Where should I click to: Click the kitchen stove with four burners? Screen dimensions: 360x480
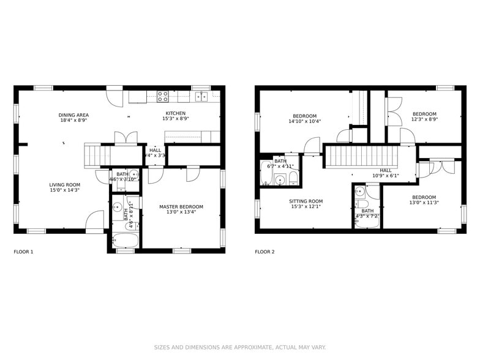(163, 96)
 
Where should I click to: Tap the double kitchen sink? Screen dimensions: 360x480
(201, 96)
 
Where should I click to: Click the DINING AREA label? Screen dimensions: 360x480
(73, 115)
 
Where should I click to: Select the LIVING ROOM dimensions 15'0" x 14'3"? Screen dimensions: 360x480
(65, 190)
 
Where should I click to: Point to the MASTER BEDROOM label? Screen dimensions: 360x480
(181, 207)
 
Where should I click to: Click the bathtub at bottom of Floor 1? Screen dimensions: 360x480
(125, 240)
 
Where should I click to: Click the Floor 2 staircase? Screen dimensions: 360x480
(361, 156)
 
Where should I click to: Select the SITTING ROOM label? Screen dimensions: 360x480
(306, 201)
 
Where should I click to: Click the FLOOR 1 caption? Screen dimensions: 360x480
(24, 252)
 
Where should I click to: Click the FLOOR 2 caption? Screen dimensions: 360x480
(265, 252)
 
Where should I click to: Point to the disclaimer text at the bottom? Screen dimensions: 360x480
(239, 347)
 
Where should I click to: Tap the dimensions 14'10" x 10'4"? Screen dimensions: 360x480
(304, 121)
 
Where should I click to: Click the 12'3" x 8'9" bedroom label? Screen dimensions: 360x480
(424, 114)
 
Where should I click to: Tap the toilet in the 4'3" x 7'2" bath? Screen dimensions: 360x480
(361, 204)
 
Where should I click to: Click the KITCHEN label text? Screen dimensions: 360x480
(175, 113)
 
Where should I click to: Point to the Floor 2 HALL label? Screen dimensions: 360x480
(386, 171)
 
